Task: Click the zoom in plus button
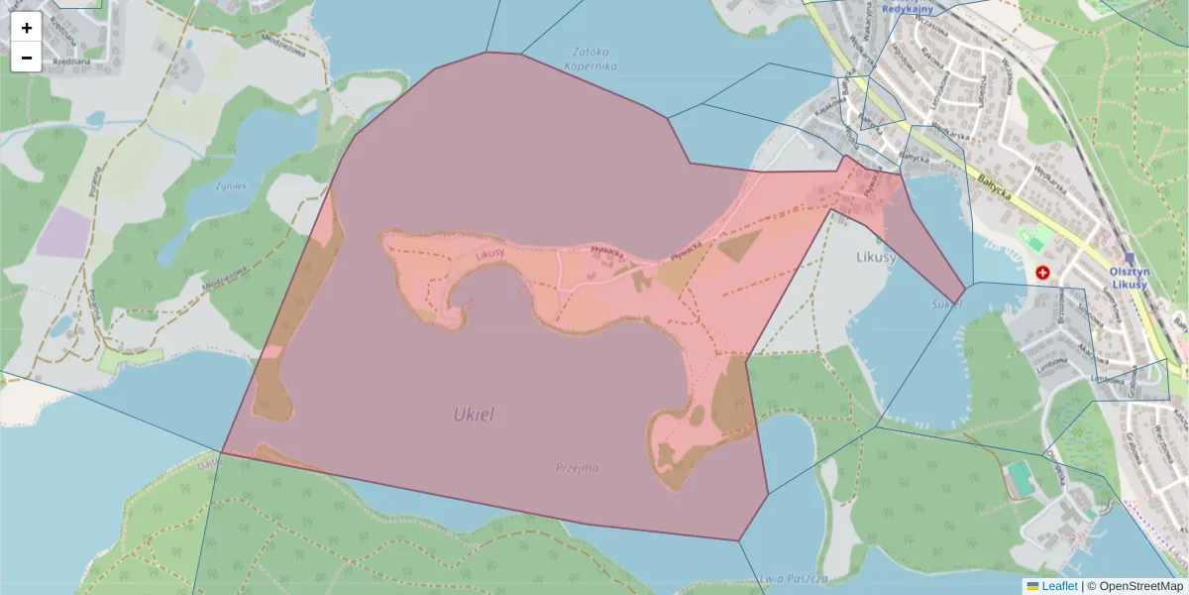point(27,28)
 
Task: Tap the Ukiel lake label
point(474,415)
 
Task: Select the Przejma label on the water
point(577,467)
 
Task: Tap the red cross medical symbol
point(1042,272)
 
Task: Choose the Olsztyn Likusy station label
point(1129,278)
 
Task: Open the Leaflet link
point(1059,586)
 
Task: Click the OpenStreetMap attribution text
point(1140,586)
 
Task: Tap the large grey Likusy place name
point(876,258)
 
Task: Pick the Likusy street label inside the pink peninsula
point(490,256)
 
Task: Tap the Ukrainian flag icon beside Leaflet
point(1033,586)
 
